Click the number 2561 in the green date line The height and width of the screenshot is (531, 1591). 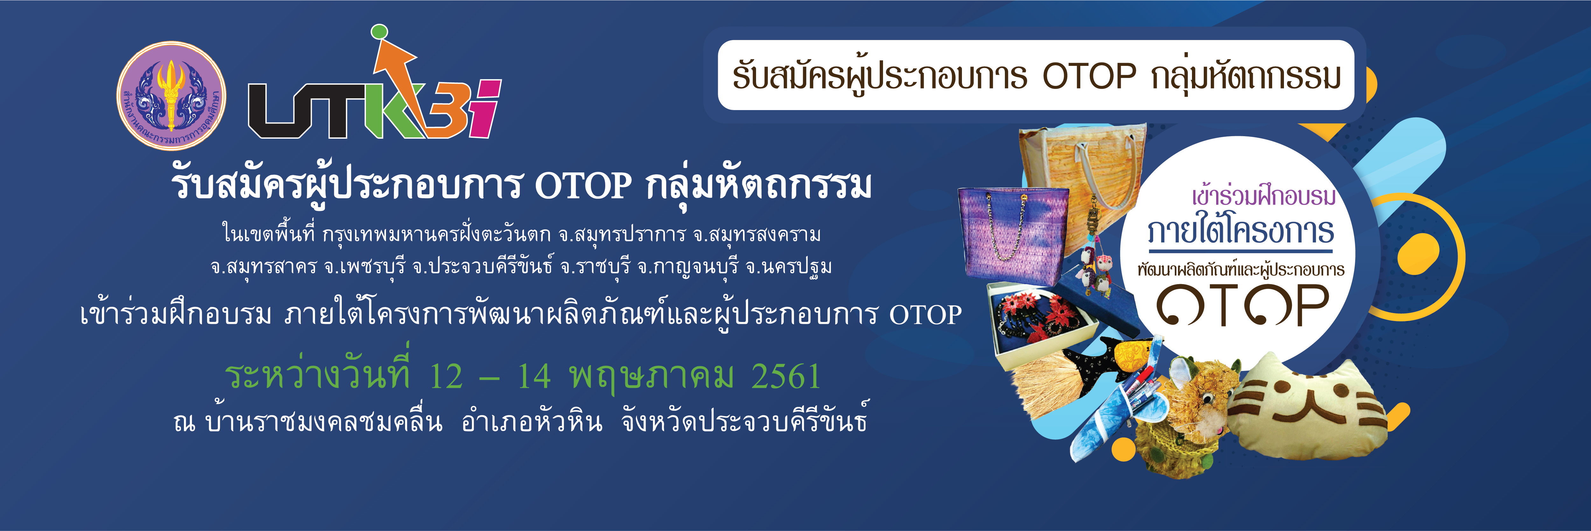coord(786,376)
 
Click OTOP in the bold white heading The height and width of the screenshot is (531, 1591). coord(584,185)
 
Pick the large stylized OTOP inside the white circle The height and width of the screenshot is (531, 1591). coord(1243,304)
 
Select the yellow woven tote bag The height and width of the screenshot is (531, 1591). coord(1082,170)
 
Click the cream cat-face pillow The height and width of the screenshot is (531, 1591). coord(1308,408)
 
